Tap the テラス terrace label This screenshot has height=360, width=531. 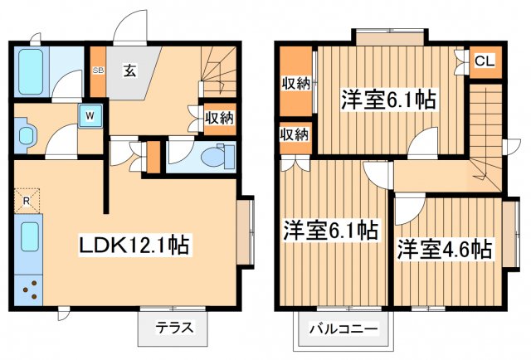(174, 328)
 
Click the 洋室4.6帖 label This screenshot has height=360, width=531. (444, 249)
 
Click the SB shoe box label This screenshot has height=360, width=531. (98, 71)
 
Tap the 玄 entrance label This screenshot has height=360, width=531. (130, 71)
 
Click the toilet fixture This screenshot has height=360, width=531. (217, 155)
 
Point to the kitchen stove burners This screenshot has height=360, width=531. (31, 289)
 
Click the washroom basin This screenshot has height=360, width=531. (24, 134)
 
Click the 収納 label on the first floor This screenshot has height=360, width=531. (219, 118)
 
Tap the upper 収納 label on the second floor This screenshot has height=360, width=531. (295, 83)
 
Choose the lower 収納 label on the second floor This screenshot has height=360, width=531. (294, 134)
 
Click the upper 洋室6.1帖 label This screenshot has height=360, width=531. (388, 100)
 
